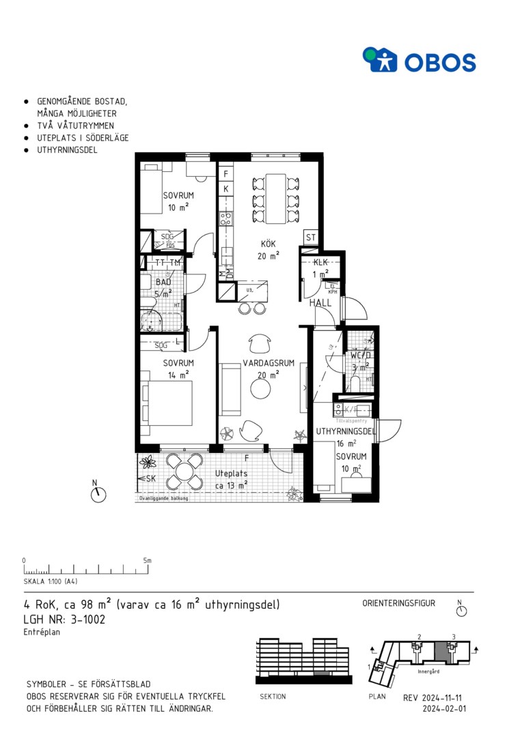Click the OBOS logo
click(419, 60)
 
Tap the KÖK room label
click(267, 244)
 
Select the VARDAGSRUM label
click(269, 363)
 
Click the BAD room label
click(163, 282)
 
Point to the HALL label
click(320, 303)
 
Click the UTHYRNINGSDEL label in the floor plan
click(346, 431)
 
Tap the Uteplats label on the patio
click(230, 473)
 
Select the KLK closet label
click(320, 263)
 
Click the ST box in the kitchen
click(311, 237)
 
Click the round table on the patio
click(184, 472)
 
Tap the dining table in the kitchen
click(276, 198)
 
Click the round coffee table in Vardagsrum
click(260, 389)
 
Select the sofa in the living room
click(230, 389)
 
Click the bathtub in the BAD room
click(161, 322)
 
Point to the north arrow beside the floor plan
click(98, 493)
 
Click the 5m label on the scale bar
click(147, 560)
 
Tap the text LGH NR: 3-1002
click(64, 620)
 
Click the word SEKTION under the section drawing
click(273, 697)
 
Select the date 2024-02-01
click(445, 709)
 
